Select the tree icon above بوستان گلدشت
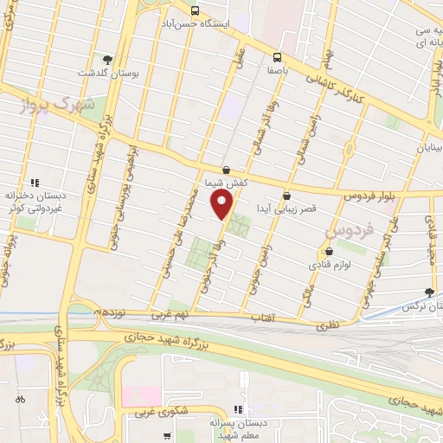click(x=106, y=59)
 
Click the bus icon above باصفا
click(x=277, y=50)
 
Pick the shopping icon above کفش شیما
click(x=226, y=170)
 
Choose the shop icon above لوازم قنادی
click(x=318, y=252)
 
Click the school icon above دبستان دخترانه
click(x=35, y=182)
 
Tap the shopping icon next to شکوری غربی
click(x=169, y=414)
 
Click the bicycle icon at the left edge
click(x=20, y=399)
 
